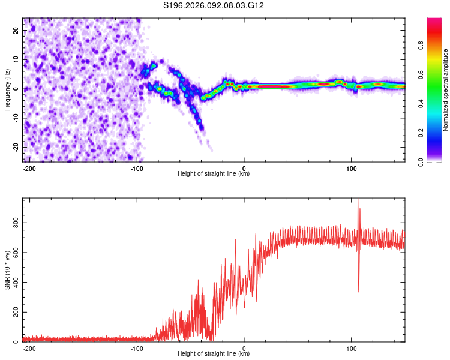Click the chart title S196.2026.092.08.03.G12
pyautogui.click(x=214, y=5)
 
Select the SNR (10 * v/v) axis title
pyautogui.click(x=7, y=270)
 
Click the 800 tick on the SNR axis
pyautogui.click(x=14, y=223)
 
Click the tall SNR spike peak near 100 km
pyautogui.click(x=358, y=200)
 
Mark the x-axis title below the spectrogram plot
pyautogui.click(x=214, y=174)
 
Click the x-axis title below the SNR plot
pyautogui.click(x=214, y=355)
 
